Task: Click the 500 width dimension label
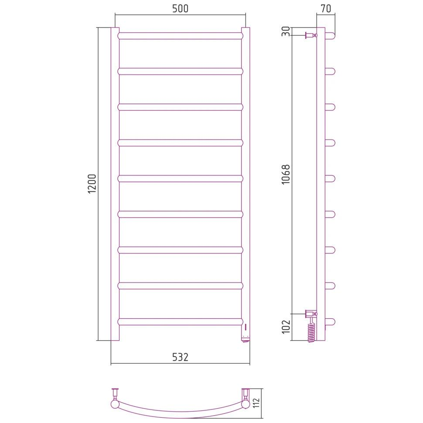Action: click(180, 9)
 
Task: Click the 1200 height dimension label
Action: click(92, 184)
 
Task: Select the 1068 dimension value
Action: click(286, 174)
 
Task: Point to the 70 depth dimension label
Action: click(326, 9)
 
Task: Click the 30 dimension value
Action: click(286, 31)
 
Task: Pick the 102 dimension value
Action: click(286, 327)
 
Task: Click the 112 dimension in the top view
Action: click(256, 403)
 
